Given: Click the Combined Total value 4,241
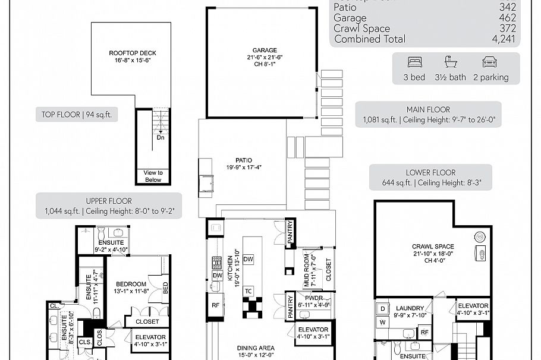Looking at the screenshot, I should click(504, 39).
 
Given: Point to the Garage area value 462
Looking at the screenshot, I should click(507, 18).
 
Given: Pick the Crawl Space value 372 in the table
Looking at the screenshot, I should click(507, 29).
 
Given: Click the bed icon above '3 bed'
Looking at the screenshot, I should click(415, 62).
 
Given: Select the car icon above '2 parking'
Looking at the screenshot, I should click(490, 62).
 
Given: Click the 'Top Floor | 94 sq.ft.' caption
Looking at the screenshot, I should click(76, 116).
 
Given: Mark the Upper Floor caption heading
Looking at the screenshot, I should click(109, 201).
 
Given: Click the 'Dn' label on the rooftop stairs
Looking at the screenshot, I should click(161, 137).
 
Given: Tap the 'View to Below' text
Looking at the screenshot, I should click(153, 176).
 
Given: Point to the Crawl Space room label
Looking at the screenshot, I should click(433, 246).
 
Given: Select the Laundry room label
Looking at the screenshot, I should click(410, 308).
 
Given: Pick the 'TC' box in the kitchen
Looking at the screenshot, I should click(249, 291).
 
